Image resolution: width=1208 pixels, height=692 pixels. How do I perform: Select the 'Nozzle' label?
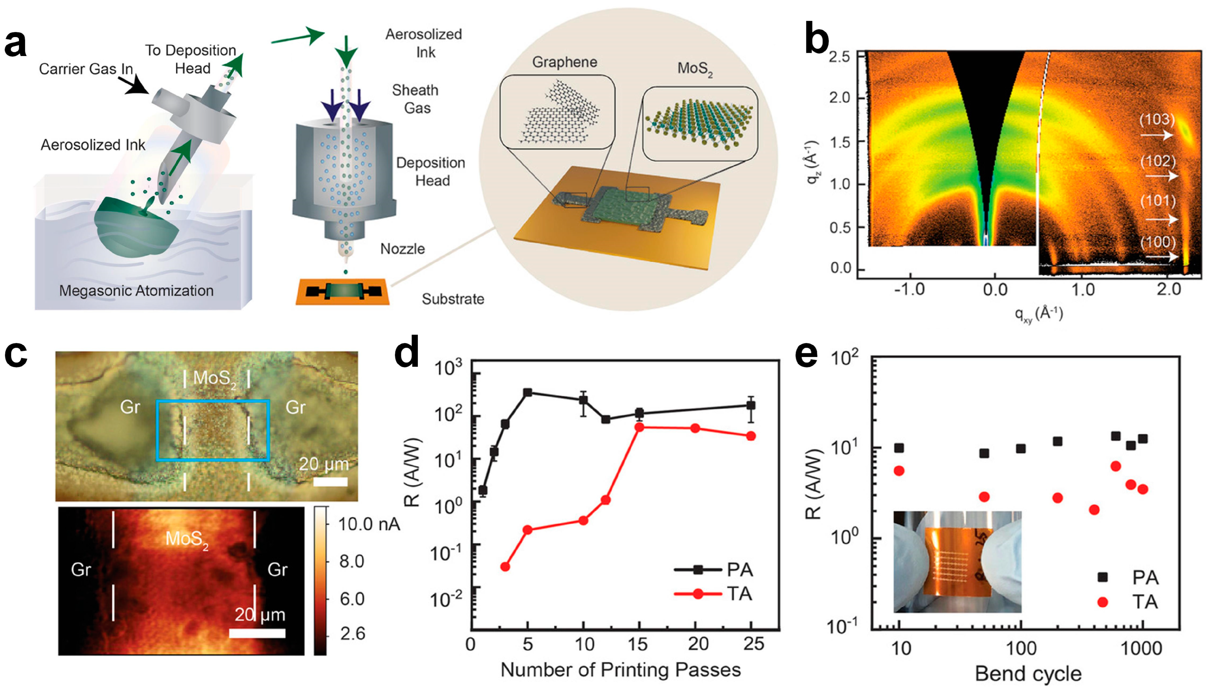(x=402, y=248)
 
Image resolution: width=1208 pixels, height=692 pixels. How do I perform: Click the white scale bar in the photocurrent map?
(x=257, y=633)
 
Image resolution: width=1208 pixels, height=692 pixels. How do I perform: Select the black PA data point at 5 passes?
(x=527, y=393)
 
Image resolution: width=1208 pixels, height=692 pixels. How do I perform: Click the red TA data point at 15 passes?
(x=640, y=427)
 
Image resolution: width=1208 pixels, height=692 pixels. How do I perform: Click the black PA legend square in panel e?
(x=1102, y=577)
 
